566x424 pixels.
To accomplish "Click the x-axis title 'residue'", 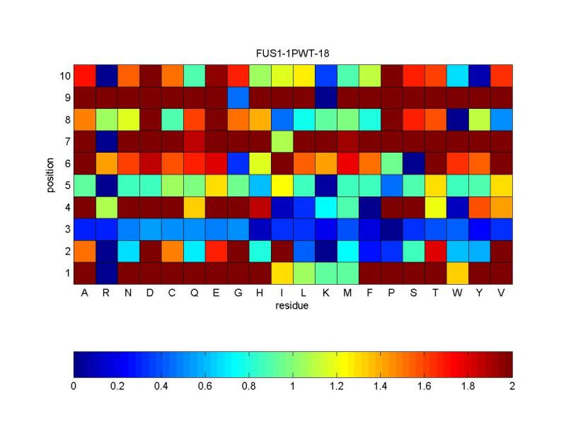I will pyautogui.click(x=292, y=306).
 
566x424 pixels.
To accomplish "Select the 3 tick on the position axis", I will pyautogui.click(x=65, y=229).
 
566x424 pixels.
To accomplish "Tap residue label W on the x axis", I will pyautogui.click(x=457, y=293).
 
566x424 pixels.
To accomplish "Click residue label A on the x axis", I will pyautogui.click(x=85, y=293).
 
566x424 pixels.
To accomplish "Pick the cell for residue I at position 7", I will pyautogui.click(x=282, y=141).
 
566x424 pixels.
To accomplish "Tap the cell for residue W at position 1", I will pyautogui.click(x=458, y=273).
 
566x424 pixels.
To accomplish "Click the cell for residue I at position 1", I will pyautogui.click(x=282, y=273).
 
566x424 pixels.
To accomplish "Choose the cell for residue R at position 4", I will pyautogui.click(x=107, y=207).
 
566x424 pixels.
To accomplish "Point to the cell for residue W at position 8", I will pyautogui.click(x=458, y=119).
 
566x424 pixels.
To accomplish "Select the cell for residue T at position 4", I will pyautogui.click(x=436, y=207).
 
